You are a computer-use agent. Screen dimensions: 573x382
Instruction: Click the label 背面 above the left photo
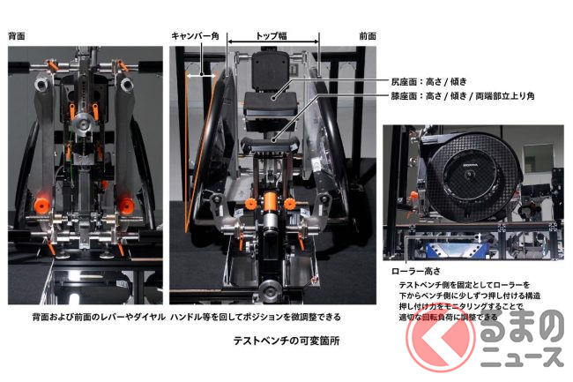pyautogui.click(x=17, y=36)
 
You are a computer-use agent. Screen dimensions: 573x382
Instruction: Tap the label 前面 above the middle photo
pyautogui.click(x=368, y=36)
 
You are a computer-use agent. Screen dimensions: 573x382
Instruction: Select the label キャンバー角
pyautogui.click(x=195, y=36)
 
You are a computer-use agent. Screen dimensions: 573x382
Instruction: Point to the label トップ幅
pyautogui.click(x=272, y=35)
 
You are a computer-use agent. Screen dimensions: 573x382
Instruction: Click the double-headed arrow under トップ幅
pyautogui.click(x=273, y=42)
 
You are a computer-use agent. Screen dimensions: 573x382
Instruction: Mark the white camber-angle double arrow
pyautogui.click(x=201, y=76)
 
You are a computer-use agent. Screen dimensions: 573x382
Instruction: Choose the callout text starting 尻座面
pyautogui.click(x=428, y=81)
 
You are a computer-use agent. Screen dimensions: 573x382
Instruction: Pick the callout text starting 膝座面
pyautogui.click(x=463, y=96)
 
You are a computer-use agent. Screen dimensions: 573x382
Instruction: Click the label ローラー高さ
pyautogui.click(x=416, y=271)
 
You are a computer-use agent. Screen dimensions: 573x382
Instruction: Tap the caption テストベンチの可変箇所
pyautogui.click(x=286, y=341)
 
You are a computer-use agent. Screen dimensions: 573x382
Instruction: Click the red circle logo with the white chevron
pyautogui.click(x=441, y=338)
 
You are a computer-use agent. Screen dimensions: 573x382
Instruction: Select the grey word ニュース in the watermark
pyautogui.click(x=522, y=356)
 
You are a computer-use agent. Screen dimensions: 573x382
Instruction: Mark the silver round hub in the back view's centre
pyautogui.click(x=84, y=124)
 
